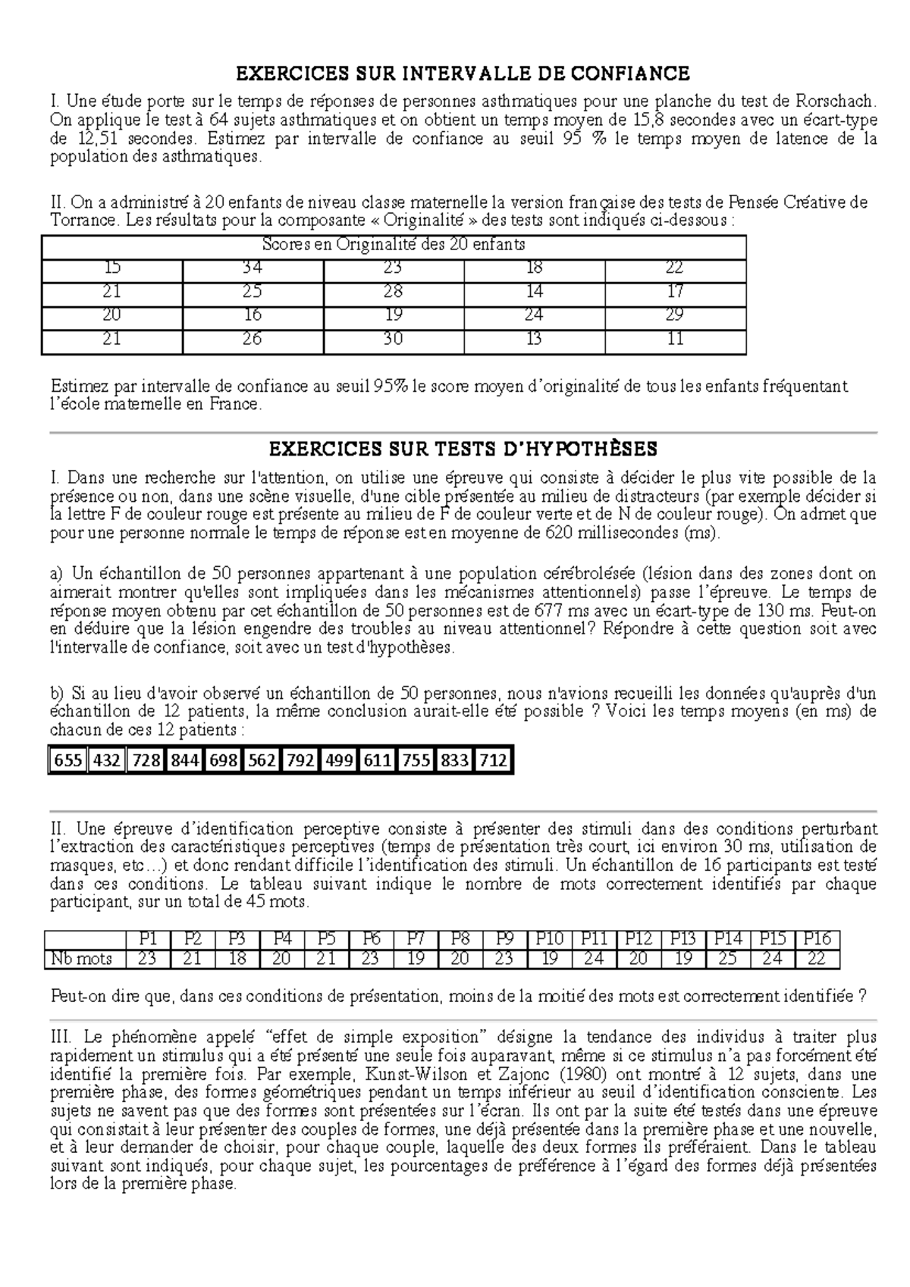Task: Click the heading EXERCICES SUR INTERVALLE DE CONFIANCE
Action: [463, 74]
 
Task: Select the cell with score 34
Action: [253, 268]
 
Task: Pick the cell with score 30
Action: [393, 340]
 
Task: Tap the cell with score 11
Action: [675, 340]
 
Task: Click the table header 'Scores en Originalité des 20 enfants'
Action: [393, 245]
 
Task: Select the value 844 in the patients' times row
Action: [185, 760]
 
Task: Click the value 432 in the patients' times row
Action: [107, 760]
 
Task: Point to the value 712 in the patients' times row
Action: [493, 760]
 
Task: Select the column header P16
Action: [817, 938]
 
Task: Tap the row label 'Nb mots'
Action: [81, 959]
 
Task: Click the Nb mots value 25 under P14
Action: [727, 959]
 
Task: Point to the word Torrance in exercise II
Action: [83, 221]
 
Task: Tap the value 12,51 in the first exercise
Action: [96, 139]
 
